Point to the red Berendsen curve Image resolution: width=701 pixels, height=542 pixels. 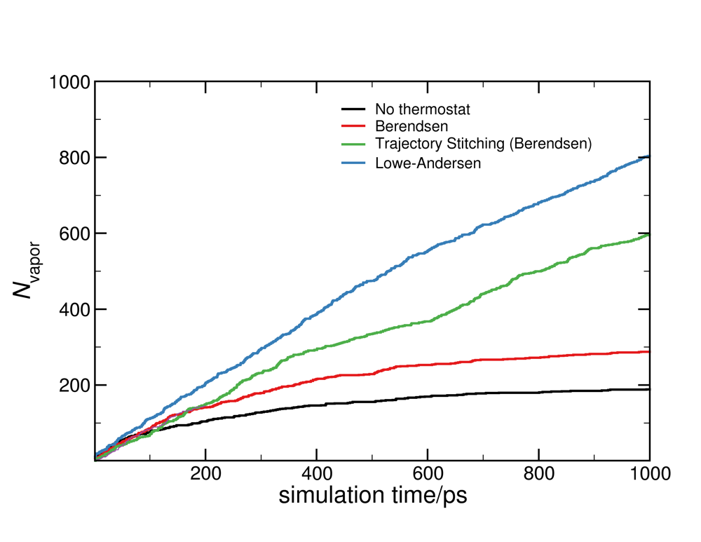(x=491, y=360)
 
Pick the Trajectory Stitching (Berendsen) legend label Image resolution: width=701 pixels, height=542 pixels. (x=484, y=144)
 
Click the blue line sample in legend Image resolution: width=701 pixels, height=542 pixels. (x=354, y=163)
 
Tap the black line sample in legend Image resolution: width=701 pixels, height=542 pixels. (x=354, y=109)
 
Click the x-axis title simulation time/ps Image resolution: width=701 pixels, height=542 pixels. (x=372, y=495)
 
